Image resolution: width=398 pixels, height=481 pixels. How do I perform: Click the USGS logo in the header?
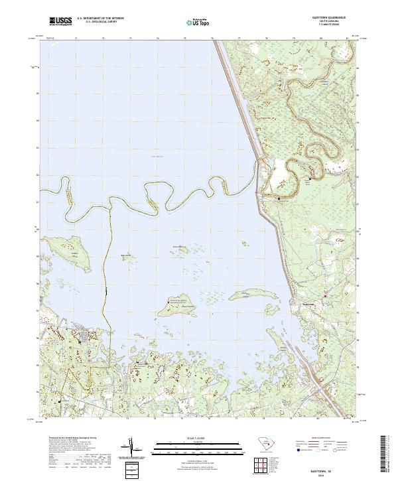pyautogui.click(x=59, y=22)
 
